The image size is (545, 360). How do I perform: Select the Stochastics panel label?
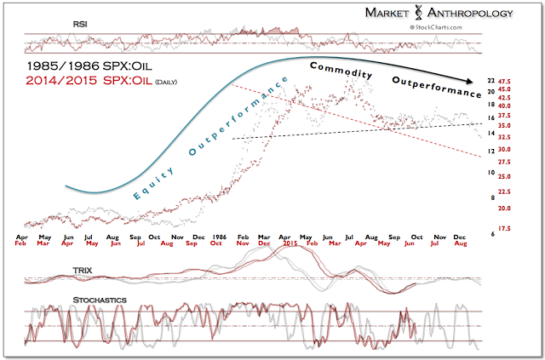54,300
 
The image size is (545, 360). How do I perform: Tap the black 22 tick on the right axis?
490,80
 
